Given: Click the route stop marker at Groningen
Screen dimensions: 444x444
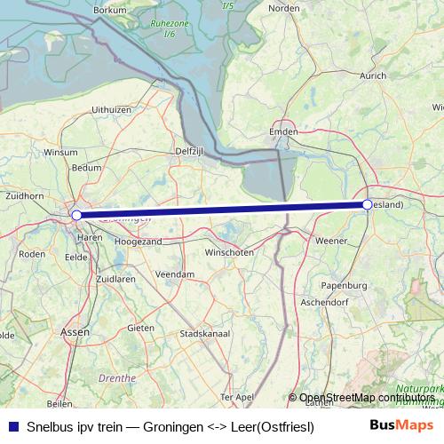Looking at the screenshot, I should tap(76, 215).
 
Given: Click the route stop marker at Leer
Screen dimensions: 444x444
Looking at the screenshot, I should tap(367, 204).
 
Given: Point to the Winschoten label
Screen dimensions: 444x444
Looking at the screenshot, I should tap(229, 252).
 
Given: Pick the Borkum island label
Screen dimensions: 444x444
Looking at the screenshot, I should tap(109, 9).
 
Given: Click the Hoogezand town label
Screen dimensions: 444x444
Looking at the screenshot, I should tap(138, 242).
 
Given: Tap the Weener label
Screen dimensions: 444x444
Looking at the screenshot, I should tap(332, 241).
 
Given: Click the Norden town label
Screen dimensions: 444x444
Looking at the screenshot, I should tap(284, 8).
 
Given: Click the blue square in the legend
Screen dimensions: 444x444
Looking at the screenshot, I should tap(12, 426).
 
